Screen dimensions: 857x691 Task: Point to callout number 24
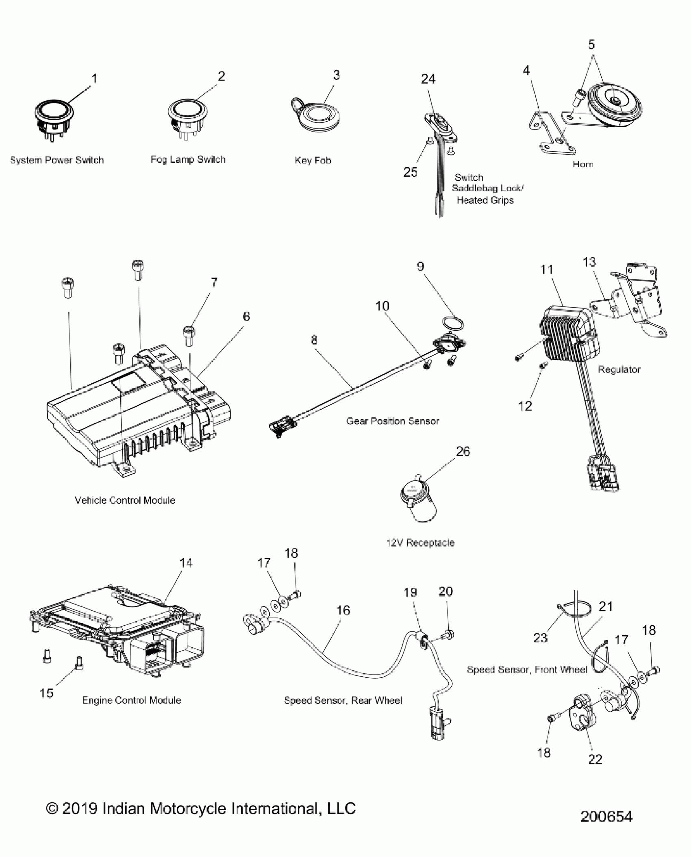pyautogui.click(x=428, y=79)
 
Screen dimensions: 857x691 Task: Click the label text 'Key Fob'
pyautogui.click(x=313, y=161)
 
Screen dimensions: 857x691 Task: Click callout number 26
pyautogui.click(x=463, y=451)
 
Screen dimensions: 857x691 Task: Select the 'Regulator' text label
pyautogui.click(x=619, y=370)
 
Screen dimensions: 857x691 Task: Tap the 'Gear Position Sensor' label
pyautogui.click(x=392, y=421)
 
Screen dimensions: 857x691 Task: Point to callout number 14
pyautogui.click(x=186, y=563)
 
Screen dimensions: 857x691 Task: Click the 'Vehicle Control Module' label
pyautogui.click(x=125, y=500)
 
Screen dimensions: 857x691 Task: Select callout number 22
pyautogui.click(x=595, y=759)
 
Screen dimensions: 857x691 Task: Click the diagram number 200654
pyautogui.click(x=606, y=817)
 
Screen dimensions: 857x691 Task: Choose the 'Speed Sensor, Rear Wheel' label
pyautogui.click(x=343, y=701)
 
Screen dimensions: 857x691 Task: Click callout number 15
pyautogui.click(x=46, y=693)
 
